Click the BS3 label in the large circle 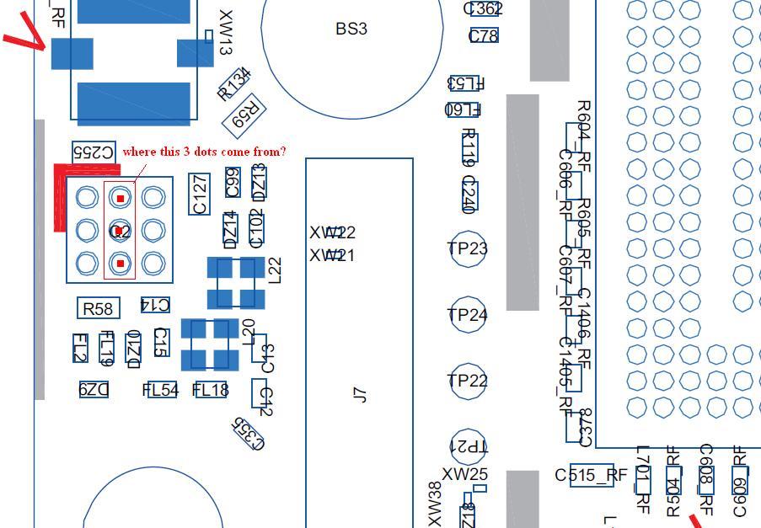coord(351,29)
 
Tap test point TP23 coord(468,248)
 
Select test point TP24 coord(468,315)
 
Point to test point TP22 coord(468,381)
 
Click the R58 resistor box coord(98,309)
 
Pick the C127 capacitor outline coord(200,195)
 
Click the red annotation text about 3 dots coord(204,152)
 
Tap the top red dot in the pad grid coord(121,199)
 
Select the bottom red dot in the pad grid coord(121,264)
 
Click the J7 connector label coord(360,393)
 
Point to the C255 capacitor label coord(94,152)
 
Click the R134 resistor coord(234,84)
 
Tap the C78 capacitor coord(483,35)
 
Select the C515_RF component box coord(592,475)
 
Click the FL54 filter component coord(160,390)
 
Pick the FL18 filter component coord(211,390)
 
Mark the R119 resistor coord(469,147)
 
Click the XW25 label coord(464,474)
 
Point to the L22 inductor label coord(273,269)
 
